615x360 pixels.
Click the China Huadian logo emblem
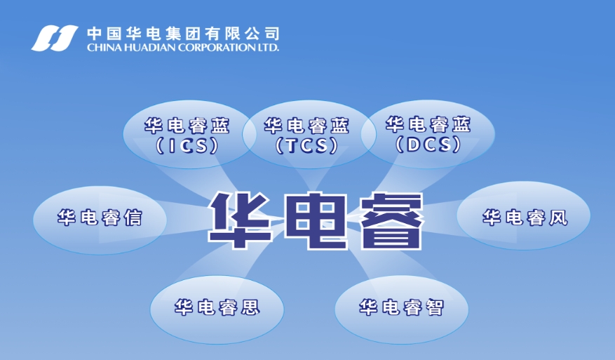pyautogui.click(x=55, y=37)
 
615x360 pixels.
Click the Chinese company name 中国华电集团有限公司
pyautogui.click(x=182, y=33)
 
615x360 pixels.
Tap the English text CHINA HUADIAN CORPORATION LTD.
pyautogui.click(x=182, y=48)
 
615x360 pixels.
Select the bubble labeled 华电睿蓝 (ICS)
pyautogui.click(x=187, y=135)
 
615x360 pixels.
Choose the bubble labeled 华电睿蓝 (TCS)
pyautogui.click(x=306, y=135)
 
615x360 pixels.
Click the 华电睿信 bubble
pyautogui.click(x=100, y=219)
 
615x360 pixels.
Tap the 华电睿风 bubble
pyautogui.click(x=524, y=217)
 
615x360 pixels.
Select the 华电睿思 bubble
pyautogui.click(x=217, y=307)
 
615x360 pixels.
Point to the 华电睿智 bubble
pyautogui.click(x=401, y=308)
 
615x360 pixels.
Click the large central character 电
pyautogui.click(x=316, y=220)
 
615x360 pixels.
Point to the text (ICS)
pyautogui.click(x=187, y=146)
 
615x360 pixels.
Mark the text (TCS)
pyautogui.click(x=306, y=146)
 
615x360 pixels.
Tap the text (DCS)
pyautogui.click(x=428, y=145)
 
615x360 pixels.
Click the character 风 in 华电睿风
pyautogui.click(x=557, y=218)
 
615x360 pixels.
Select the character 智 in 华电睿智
pyautogui.click(x=435, y=308)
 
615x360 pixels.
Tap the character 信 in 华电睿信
pyautogui.click(x=133, y=219)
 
